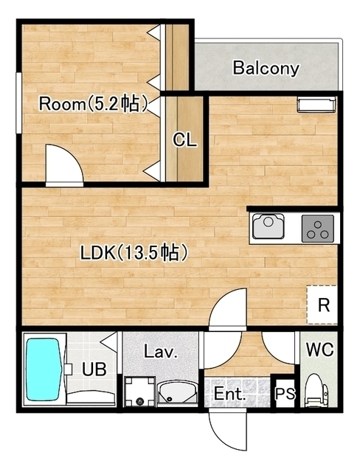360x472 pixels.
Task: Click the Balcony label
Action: (266, 69)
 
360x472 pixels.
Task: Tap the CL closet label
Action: (184, 139)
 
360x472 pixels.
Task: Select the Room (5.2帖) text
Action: (93, 104)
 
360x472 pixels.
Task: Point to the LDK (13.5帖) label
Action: (134, 252)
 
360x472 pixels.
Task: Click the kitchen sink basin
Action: (269, 226)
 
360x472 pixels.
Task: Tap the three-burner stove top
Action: (317, 229)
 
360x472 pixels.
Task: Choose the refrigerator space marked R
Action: (322, 305)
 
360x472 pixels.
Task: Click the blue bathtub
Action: (44, 369)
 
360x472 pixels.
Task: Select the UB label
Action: (94, 369)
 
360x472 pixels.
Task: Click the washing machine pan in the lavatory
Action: (140, 392)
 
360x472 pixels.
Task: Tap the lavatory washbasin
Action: (178, 394)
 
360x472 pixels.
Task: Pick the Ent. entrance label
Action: (229, 394)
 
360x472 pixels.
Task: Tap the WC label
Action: (319, 350)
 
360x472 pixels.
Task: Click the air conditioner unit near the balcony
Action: (316, 105)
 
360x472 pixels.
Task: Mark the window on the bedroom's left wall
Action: (18, 103)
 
